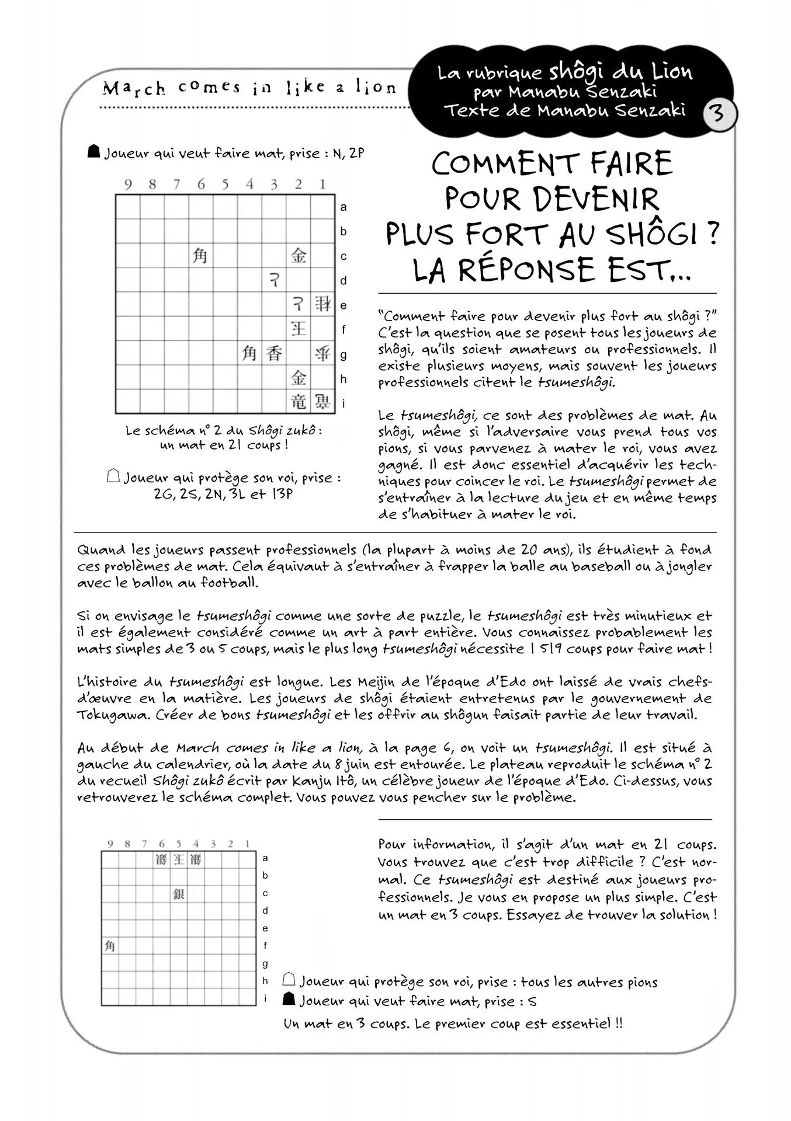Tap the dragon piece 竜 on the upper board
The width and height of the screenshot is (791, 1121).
click(299, 402)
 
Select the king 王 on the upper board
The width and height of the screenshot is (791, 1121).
click(299, 329)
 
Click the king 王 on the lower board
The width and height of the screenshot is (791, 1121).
click(178, 859)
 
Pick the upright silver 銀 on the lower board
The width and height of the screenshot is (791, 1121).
click(179, 894)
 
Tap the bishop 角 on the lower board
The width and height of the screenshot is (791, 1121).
click(110, 946)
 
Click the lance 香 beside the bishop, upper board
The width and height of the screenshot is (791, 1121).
click(274, 353)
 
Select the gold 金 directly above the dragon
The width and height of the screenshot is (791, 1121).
click(299, 378)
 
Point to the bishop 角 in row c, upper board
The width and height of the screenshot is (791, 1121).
click(200, 256)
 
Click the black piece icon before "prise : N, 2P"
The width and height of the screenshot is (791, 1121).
click(93, 152)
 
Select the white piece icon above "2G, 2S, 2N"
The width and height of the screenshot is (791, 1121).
click(113, 476)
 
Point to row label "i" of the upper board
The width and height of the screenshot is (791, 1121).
click(344, 403)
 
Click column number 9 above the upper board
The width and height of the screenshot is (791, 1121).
click(128, 185)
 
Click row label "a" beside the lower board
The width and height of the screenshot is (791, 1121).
click(265, 858)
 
